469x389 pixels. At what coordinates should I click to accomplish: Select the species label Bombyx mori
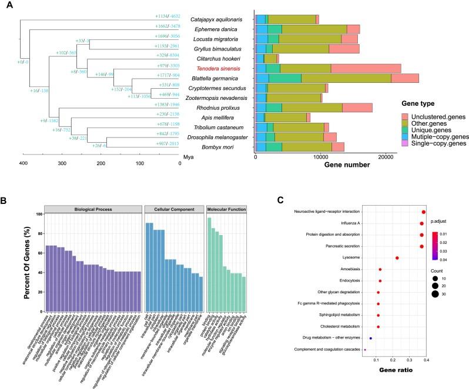(x=217, y=146)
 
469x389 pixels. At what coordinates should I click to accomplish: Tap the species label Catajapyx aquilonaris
(x=217, y=19)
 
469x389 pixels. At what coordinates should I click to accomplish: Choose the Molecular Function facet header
(x=218, y=209)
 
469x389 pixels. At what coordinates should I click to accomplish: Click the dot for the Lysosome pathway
(x=397, y=258)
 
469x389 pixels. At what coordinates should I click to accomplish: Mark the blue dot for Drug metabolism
(x=370, y=338)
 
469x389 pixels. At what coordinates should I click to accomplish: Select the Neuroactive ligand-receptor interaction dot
(x=424, y=212)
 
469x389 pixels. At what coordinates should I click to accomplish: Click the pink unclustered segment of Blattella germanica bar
(x=404, y=78)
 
